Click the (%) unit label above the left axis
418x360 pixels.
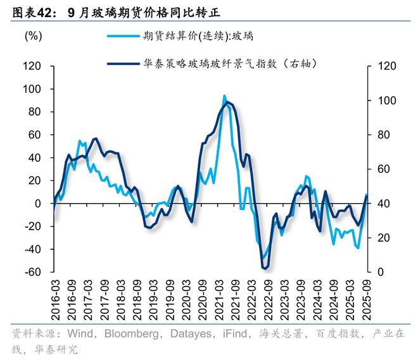coord(33,36)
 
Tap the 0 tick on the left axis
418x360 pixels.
coord(38,204)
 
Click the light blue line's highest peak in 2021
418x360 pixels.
coord(224,96)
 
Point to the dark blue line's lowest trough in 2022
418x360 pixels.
coord(265,269)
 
